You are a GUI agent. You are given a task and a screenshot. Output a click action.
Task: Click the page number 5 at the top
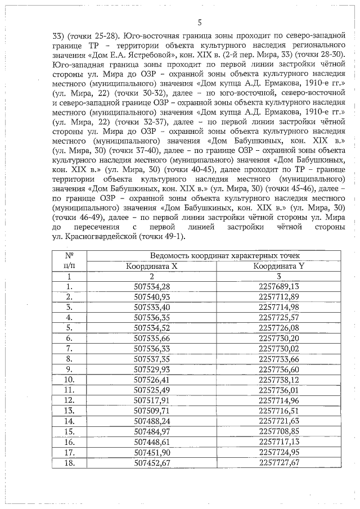pos(200,23)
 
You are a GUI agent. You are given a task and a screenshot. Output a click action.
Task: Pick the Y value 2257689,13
pos(279,287)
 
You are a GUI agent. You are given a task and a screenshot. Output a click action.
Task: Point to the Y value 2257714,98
pos(279,307)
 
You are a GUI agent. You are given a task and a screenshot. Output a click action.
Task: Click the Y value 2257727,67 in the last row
pos(279,462)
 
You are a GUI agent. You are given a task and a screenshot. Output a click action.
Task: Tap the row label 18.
pos(69,462)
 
